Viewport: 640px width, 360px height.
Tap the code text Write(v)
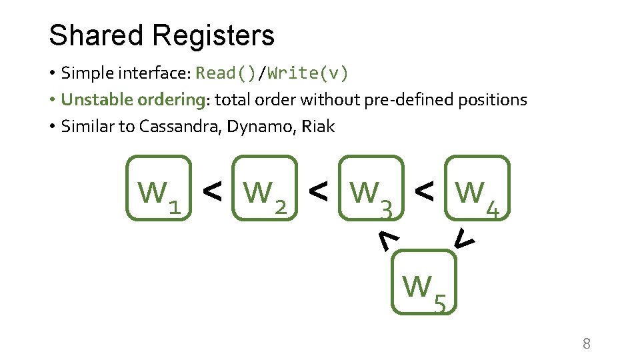(x=308, y=73)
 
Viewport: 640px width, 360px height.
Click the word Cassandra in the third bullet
(x=180, y=126)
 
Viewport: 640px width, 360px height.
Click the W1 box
(x=159, y=188)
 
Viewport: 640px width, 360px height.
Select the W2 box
(x=265, y=188)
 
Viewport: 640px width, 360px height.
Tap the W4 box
(x=477, y=188)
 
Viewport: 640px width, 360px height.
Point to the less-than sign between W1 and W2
(x=212, y=192)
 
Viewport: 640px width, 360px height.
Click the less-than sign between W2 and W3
(x=318, y=192)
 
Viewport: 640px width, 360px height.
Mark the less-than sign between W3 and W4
(x=424, y=192)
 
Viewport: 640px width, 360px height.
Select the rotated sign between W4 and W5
(x=464, y=237)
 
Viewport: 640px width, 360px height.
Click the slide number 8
(x=587, y=344)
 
